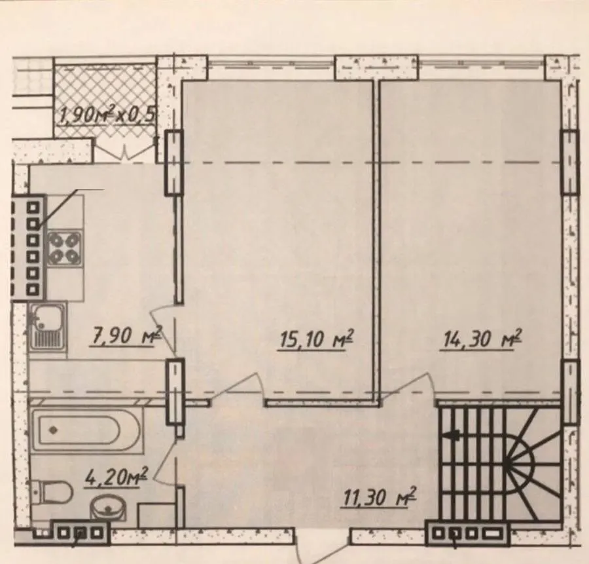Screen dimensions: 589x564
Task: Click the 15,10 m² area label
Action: pyautogui.click(x=317, y=340)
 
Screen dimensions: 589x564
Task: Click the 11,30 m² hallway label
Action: pyautogui.click(x=380, y=497)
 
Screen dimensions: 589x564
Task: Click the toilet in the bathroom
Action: pyautogui.click(x=52, y=491)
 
